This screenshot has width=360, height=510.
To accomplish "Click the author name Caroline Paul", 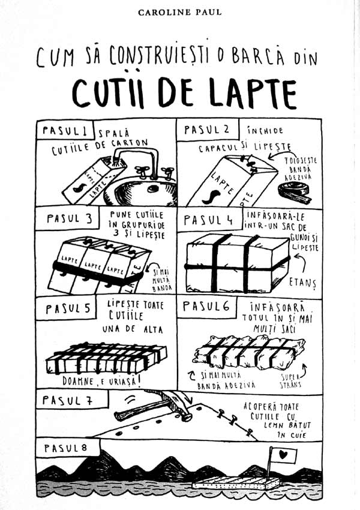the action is pos(179,13).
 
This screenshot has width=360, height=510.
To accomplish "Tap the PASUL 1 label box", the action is pos(65,130).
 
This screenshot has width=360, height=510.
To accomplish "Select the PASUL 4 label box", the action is pos(209,220).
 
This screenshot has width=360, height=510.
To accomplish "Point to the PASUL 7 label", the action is pos(68,400).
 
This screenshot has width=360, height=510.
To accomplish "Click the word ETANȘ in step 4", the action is pos(302,282).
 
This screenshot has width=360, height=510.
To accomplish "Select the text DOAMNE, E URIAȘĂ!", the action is pos(102,380).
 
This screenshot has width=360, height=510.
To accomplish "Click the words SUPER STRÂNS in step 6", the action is pos(291,381).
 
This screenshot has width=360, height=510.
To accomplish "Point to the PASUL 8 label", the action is pos(65,448).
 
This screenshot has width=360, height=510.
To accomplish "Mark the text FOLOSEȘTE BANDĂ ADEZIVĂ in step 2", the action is pos(301,169).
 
